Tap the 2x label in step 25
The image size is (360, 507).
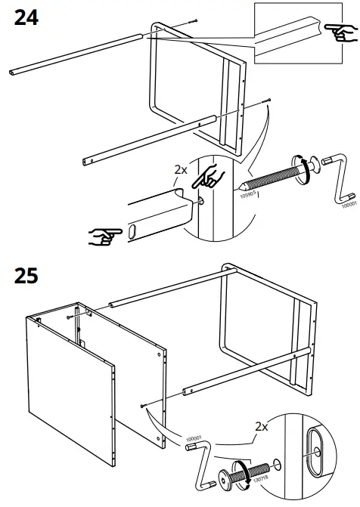[x=261, y=426]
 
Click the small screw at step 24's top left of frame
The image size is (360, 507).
[x=196, y=20]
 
